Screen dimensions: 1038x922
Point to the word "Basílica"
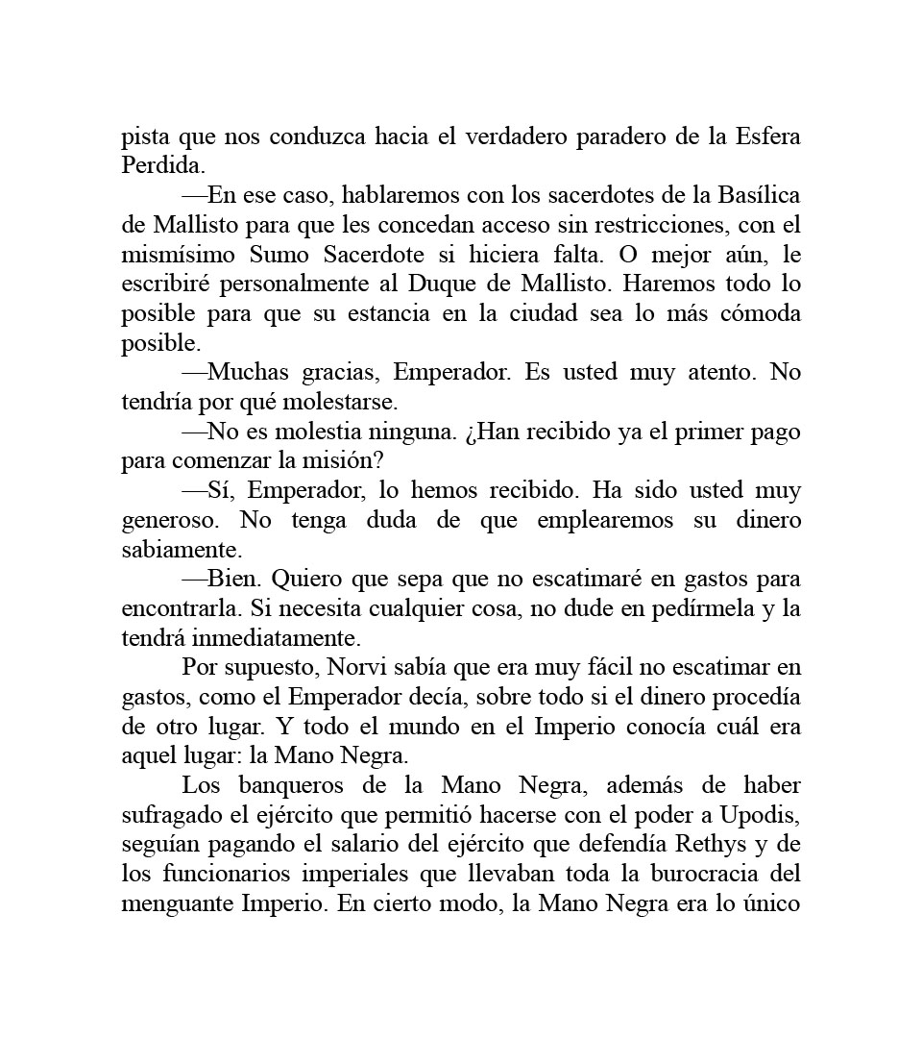[x=758, y=195]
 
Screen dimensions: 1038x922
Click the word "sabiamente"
[x=178, y=550]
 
